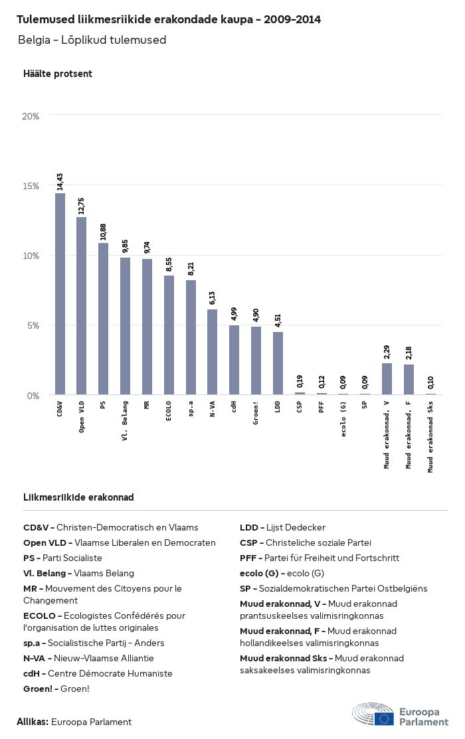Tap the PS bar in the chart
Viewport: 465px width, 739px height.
click(103, 319)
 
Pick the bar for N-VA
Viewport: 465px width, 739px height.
click(212, 352)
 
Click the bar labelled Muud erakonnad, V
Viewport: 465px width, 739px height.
click(387, 379)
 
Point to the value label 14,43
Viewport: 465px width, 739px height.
click(60, 181)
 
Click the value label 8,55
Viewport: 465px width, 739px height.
click(169, 264)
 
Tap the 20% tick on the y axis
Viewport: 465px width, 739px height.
click(31, 116)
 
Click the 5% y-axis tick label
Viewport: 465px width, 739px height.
click(33, 325)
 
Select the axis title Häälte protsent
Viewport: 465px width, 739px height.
click(58, 74)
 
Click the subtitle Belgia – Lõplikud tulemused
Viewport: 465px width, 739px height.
click(92, 40)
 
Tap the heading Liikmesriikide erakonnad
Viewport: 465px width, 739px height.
click(78, 497)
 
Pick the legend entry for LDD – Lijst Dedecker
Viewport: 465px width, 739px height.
click(282, 528)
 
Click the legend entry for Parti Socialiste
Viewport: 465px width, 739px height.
click(62, 558)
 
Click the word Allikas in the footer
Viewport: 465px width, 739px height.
click(33, 722)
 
